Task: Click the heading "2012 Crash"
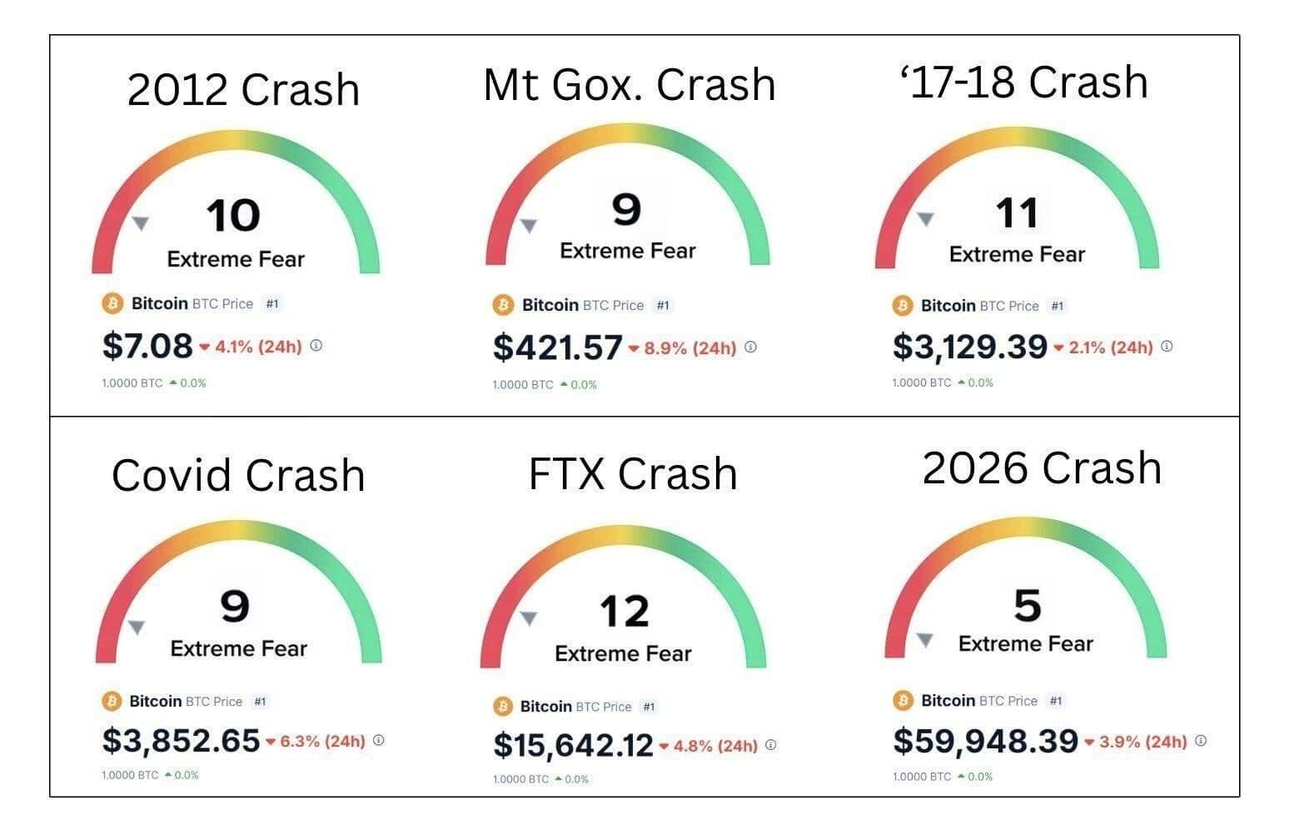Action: [x=243, y=90]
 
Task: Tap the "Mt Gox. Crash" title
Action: [x=630, y=85]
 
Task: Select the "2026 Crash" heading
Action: [x=1042, y=468]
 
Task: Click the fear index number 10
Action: [x=233, y=216]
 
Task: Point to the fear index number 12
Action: [x=624, y=612]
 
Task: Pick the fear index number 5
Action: [x=1027, y=605]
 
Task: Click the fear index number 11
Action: [x=1017, y=213]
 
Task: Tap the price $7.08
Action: [x=147, y=346]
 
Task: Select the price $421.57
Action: [x=557, y=347]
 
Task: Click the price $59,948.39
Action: [x=985, y=741]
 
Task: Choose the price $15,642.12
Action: [x=573, y=745]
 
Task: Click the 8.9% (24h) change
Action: [x=689, y=348]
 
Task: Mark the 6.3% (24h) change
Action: [x=321, y=741]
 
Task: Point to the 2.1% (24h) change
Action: [x=1110, y=347]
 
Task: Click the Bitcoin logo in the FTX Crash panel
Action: [x=503, y=707]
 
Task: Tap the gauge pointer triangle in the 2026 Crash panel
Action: [x=924, y=640]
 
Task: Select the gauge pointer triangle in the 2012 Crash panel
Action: [x=141, y=222]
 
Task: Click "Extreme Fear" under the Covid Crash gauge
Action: [x=239, y=648]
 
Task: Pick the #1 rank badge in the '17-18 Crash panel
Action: [x=1058, y=306]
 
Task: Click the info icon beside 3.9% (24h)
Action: [x=1201, y=740]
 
